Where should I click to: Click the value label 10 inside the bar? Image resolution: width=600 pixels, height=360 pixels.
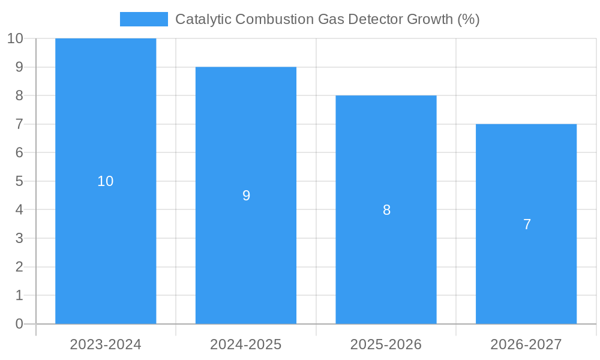[x=106, y=181]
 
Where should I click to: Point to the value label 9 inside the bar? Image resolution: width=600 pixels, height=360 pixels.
[x=246, y=196]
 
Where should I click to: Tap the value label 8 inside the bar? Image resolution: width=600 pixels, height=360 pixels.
[x=386, y=210]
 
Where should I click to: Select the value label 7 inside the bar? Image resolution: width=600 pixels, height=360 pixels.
[x=527, y=224]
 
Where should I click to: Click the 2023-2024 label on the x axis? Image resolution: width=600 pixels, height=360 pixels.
[x=106, y=344]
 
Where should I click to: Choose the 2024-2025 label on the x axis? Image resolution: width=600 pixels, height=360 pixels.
[x=246, y=344]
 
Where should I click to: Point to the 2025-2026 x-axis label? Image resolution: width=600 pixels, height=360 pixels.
[x=386, y=344]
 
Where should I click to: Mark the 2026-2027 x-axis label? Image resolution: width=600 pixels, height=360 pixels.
[x=526, y=344]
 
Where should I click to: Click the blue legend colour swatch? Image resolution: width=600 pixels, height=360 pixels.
[x=144, y=19]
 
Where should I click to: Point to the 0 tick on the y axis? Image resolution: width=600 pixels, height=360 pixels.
[x=19, y=324]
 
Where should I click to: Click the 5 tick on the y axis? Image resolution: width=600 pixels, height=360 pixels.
[x=19, y=181]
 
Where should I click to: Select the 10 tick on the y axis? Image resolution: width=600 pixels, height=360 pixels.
[x=15, y=39]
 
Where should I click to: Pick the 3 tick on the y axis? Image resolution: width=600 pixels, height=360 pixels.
[x=19, y=238]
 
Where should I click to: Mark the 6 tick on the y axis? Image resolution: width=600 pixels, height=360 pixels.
[x=19, y=152]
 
